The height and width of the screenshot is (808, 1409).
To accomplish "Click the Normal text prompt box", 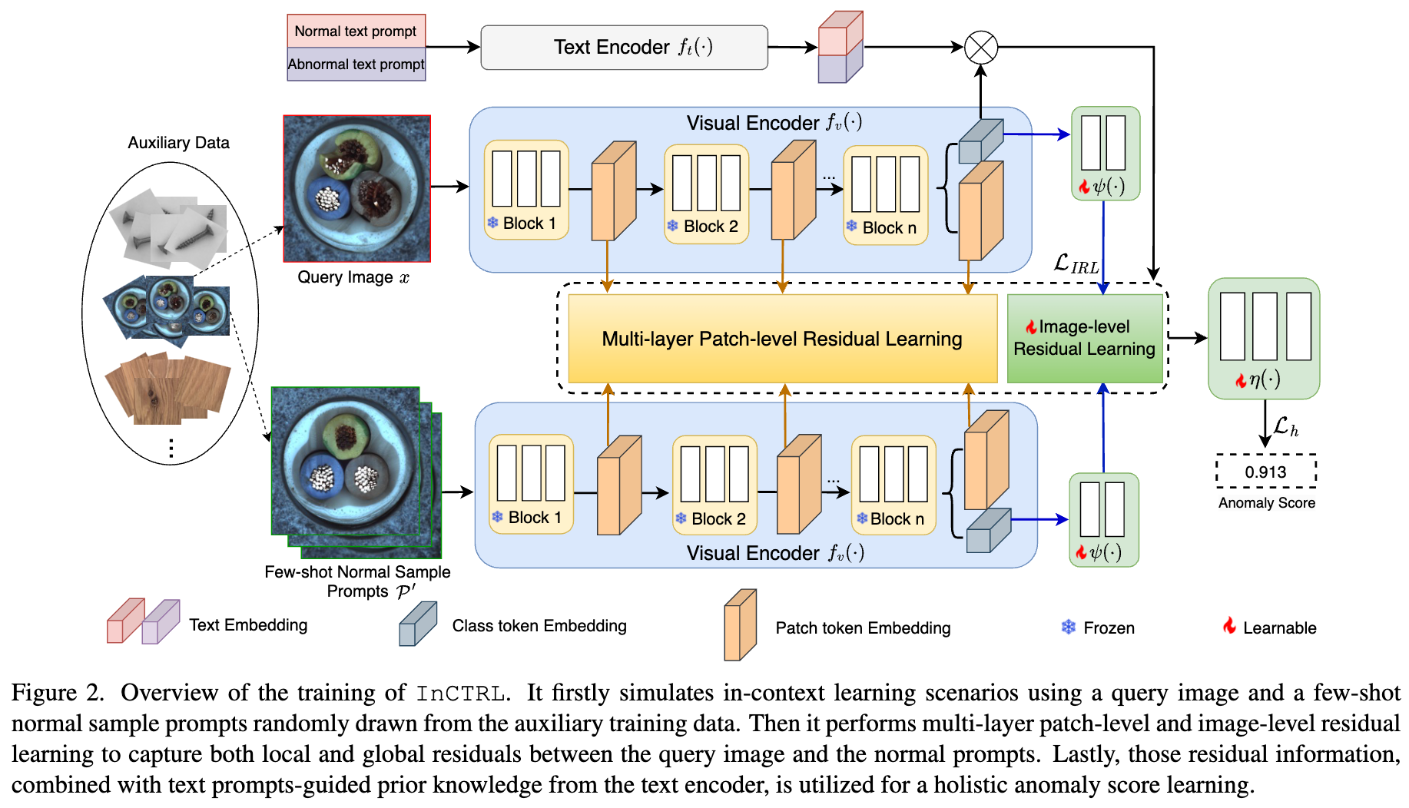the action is point(356,31).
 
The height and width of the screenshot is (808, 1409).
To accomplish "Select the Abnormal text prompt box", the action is point(356,65).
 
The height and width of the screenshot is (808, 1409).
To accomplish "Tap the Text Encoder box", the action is point(625,48).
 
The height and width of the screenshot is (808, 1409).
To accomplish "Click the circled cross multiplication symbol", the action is point(981,48).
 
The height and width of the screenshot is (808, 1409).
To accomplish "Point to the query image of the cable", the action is point(357,189).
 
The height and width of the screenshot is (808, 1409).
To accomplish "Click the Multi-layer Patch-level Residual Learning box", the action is point(783,339).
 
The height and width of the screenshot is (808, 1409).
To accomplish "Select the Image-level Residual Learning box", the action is point(1085,339).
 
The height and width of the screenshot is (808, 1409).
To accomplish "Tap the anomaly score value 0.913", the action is point(1266,472).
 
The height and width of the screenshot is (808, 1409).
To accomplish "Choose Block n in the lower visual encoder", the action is point(893,485).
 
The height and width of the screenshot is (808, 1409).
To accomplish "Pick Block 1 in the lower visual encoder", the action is point(531,485).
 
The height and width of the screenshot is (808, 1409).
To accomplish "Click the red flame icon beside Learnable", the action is point(1230,626).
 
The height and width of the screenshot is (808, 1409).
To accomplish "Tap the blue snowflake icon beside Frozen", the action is point(1069,628).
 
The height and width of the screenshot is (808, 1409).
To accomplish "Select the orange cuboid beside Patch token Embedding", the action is point(740,625).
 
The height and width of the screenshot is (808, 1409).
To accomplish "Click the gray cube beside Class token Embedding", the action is point(418,624).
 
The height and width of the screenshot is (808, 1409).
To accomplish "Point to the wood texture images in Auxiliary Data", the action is point(167,388).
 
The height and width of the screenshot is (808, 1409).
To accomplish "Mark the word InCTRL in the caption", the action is point(461,694).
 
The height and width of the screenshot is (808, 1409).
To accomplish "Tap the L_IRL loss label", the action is point(1076,264).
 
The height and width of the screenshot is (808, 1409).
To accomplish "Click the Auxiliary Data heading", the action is point(178,143).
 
